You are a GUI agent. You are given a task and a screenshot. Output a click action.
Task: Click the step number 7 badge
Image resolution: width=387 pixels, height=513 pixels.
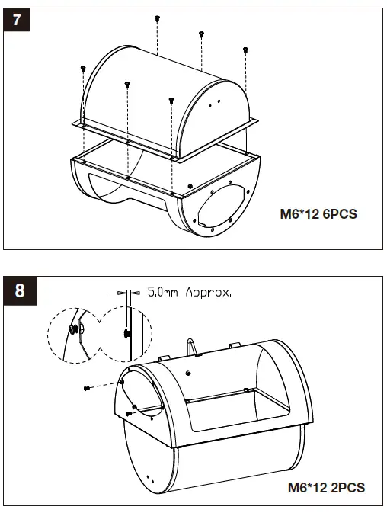click(x=18, y=21)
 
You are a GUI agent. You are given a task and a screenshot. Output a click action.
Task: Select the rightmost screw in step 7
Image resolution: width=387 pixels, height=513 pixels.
click(x=245, y=51)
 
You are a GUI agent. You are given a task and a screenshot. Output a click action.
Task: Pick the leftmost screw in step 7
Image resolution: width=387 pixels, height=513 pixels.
click(x=81, y=69)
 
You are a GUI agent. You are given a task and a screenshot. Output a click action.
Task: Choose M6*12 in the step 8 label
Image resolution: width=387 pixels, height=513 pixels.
click(x=306, y=487)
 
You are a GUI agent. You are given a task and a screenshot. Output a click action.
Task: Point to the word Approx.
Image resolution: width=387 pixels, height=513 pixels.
click(x=207, y=291)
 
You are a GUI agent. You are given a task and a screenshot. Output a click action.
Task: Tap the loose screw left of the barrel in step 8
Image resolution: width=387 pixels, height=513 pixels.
click(x=87, y=388)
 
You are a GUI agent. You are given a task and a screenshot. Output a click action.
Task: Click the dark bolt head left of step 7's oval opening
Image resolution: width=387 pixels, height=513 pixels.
click(x=189, y=184)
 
